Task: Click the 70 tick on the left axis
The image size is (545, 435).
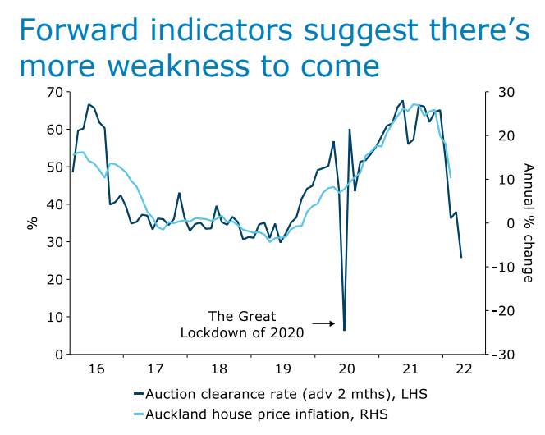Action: pyautogui.click(x=54, y=92)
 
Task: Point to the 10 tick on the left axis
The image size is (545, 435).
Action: pyautogui.click(x=54, y=317)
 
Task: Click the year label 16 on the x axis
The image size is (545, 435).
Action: pyautogui.click(x=97, y=369)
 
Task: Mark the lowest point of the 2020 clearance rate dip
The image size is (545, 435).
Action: pyautogui.click(x=344, y=330)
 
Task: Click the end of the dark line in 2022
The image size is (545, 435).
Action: pyautogui.click(x=461, y=258)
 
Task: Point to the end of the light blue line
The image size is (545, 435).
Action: pyautogui.click(x=451, y=177)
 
